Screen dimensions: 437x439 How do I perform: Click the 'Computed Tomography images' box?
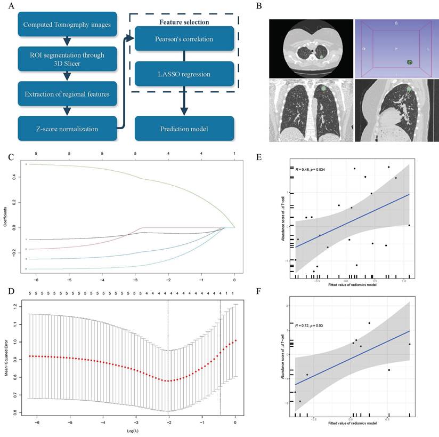pyautogui.click(x=68, y=24)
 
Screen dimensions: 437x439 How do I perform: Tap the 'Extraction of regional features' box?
pyautogui.click(x=68, y=94)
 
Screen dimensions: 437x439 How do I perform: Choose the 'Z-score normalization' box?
pyautogui.click(x=68, y=129)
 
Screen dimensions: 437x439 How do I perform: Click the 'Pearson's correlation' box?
pyautogui.click(x=184, y=39)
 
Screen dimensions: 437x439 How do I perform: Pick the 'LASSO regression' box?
pyautogui.click(x=184, y=74)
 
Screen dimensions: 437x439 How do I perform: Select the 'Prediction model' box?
pyautogui.click(x=184, y=129)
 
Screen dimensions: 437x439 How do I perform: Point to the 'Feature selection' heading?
pyautogui.click(x=184, y=22)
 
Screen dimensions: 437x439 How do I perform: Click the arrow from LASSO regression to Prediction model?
pyautogui.click(x=184, y=101)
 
